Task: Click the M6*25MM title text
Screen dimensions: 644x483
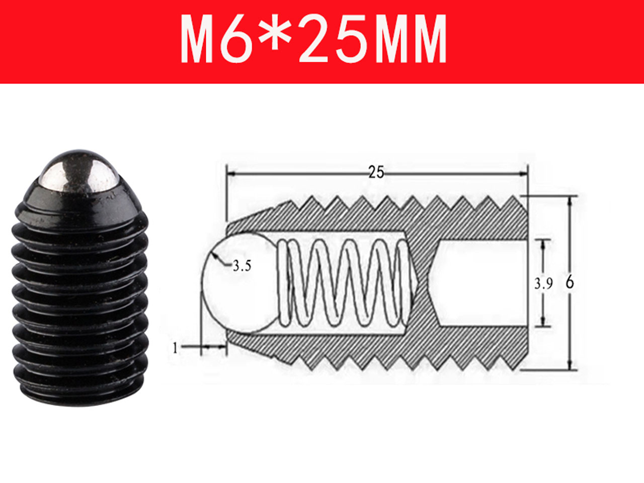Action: pyautogui.click(x=313, y=39)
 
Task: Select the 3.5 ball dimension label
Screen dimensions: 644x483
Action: pyautogui.click(x=242, y=266)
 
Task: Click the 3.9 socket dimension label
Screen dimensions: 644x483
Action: pyautogui.click(x=543, y=284)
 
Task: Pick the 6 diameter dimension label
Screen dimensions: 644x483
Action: pyautogui.click(x=570, y=282)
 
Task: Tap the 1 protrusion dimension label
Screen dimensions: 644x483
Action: pyautogui.click(x=176, y=348)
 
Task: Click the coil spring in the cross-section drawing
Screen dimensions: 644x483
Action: pyautogui.click(x=343, y=283)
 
